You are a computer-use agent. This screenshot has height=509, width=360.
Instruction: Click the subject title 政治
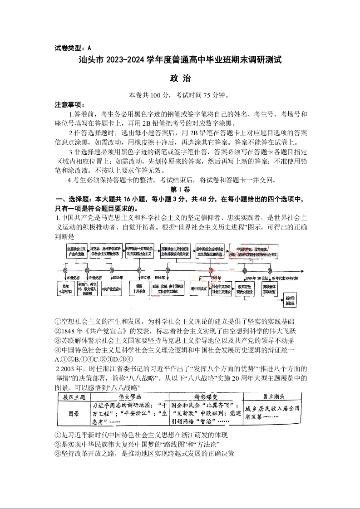pyautogui.click(x=180, y=78)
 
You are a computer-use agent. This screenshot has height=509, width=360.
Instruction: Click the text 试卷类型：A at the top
pyautogui.click(x=73, y=47)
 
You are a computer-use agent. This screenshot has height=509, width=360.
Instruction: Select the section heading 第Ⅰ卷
pyautogui.click(x=180, y=189)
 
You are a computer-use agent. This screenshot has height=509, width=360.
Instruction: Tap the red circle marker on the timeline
pyautogui.click(x=211, y=271)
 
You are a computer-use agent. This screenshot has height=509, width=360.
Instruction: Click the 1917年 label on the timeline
pyautogui.click(x=145, y=278)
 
